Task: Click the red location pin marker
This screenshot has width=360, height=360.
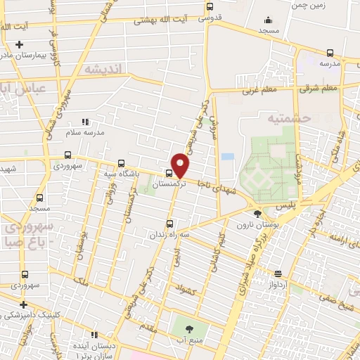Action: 181,165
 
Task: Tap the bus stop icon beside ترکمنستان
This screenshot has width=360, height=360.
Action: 169,173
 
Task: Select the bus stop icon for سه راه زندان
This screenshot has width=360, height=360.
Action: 161,225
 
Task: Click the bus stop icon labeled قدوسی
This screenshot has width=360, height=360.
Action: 209,7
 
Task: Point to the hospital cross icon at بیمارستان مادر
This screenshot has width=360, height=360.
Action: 28,45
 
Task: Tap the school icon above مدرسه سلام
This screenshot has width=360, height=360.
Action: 86,122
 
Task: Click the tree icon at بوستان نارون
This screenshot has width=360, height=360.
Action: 258,212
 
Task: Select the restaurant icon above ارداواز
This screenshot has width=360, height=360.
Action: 278,274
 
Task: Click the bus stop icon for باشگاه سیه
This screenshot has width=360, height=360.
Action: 122,162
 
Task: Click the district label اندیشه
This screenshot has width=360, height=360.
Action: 102,69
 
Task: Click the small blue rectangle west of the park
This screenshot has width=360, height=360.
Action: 227,157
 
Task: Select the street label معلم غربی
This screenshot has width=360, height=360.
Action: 261,89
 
